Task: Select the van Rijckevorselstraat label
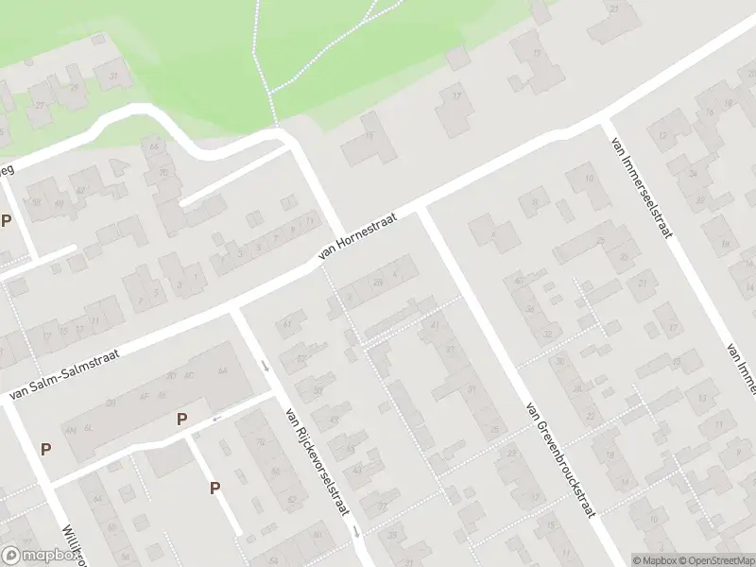click(317, 462)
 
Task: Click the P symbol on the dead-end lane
click(215, 488)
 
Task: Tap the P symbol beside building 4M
click(45, 450)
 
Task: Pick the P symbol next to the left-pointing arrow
click(181, 419)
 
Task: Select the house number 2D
click(378, 282)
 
